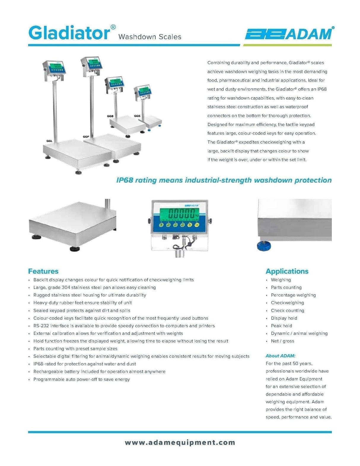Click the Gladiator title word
[69, 33]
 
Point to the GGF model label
[86, 136]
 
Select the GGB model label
[110, 116]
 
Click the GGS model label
[137, 116]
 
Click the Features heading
[43, 271]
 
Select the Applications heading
[287, 271]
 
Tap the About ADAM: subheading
[280, 356]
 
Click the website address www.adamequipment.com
[180, 443]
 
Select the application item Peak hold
[281, 326]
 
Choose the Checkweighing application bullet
[287, 303]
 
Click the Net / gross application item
[282, 341]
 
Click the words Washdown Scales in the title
[149, 37]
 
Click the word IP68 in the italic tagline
[125, 180]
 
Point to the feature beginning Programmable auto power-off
[82, 379]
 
